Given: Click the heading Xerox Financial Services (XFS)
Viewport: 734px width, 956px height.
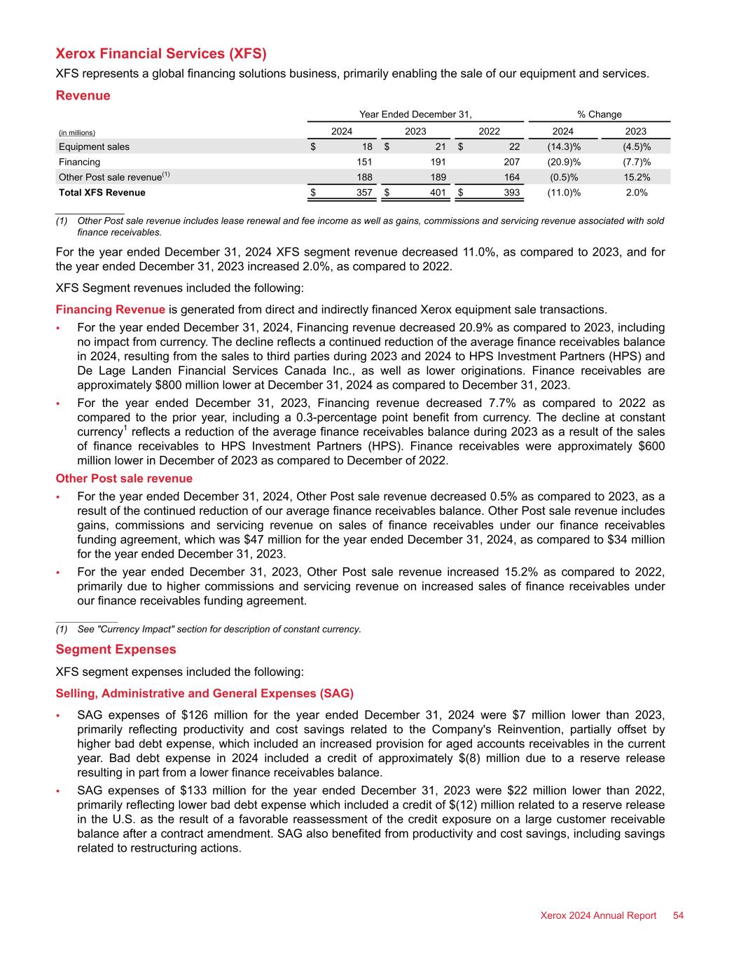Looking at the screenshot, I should [x=161, y=54].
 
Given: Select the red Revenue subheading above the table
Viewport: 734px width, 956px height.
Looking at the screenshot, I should [x=83, y=95].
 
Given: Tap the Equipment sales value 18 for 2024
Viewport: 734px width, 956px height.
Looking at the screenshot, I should [x=367, y=146].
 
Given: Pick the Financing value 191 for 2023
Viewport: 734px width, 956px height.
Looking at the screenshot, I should [x=438, y=162].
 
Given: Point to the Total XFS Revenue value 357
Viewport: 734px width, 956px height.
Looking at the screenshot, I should [x=365, y=193].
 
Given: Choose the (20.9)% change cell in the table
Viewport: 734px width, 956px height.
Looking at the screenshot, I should [x=563, y=162].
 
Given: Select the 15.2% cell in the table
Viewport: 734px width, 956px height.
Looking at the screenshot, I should [x=636, y=177].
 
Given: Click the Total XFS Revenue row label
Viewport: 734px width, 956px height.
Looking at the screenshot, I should [x=102, y=193].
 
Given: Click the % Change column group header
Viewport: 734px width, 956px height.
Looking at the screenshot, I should [x=600, y=114].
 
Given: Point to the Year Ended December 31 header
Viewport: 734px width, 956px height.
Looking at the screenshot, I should [x=415, y=114].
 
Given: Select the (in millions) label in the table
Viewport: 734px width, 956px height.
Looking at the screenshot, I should [x=77, y=132].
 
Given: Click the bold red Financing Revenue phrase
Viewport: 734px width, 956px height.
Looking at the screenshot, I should [x=110, y=310].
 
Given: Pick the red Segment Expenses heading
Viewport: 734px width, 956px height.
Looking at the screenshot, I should [x=116, y=649].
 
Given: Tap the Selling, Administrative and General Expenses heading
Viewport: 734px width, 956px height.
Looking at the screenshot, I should [x=205, y=693].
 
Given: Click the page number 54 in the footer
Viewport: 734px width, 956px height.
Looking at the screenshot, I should [x=678, y=915].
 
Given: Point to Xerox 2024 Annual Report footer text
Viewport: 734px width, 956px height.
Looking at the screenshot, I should [x=598, y=915].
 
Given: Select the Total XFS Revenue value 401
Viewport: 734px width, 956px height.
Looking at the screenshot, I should [x=438, y=193].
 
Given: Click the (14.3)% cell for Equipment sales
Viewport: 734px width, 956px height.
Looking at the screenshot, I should [x=563, y=146].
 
